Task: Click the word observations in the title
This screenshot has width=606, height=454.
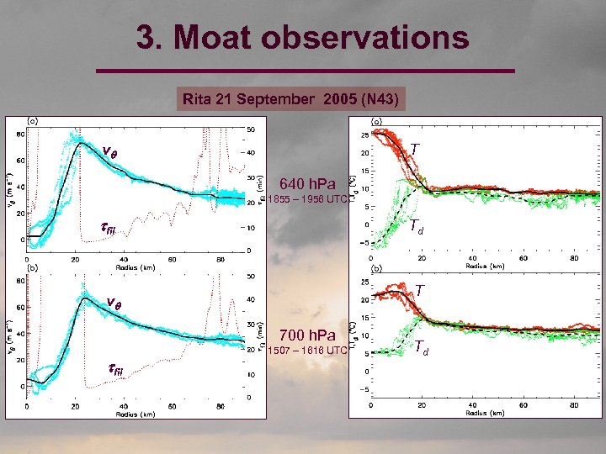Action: point(375,38)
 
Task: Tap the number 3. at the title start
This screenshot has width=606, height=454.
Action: point(153,38)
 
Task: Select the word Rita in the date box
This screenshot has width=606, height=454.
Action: point(196,100)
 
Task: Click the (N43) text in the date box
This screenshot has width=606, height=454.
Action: point(380,100)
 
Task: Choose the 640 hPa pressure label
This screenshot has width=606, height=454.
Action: point(307,184)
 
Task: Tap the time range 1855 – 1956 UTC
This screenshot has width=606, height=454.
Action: point(307,199)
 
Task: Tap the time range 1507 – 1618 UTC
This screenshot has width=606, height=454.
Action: point(307,350)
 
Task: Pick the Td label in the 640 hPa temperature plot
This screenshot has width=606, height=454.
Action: point(417,225)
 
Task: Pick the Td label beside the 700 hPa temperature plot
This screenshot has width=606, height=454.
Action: point(422,346)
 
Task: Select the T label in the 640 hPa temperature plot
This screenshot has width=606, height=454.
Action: point(414,149)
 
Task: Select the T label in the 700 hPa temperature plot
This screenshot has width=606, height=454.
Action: point(419,290)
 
